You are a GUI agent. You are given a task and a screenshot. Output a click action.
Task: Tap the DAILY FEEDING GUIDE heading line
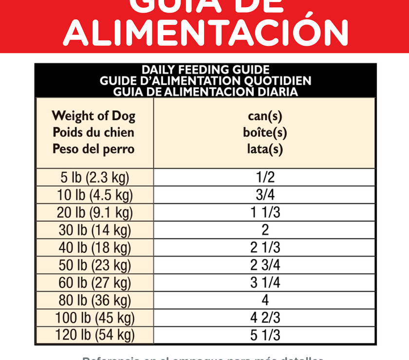point(205,70)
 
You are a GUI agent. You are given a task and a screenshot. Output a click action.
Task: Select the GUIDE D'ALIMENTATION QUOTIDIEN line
point(205,81)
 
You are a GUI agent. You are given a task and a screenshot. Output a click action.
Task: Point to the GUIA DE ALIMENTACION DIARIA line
point(205,91)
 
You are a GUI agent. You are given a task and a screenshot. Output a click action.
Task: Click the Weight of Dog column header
point(93,116)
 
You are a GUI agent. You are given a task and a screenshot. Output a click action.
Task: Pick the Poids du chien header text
point(93,132)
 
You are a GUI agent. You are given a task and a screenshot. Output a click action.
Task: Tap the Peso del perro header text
point(93,149)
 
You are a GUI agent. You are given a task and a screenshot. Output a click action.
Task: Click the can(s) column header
point(265,116)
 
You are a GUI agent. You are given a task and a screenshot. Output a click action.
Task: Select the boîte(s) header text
point(265,132)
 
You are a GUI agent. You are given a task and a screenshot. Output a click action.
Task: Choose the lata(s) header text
point(265,149)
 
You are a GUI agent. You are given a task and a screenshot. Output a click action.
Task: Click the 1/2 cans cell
point(265,177)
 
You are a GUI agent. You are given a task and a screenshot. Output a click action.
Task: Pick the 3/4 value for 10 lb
point(265,195)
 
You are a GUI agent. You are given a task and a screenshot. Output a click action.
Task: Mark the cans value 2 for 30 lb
point(265,230)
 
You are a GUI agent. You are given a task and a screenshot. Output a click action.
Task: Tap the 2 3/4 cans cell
point(265,266)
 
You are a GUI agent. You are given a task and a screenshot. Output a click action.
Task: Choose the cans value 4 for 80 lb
point(265,300)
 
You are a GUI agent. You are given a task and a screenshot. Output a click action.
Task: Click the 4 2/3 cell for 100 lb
point(265,318)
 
